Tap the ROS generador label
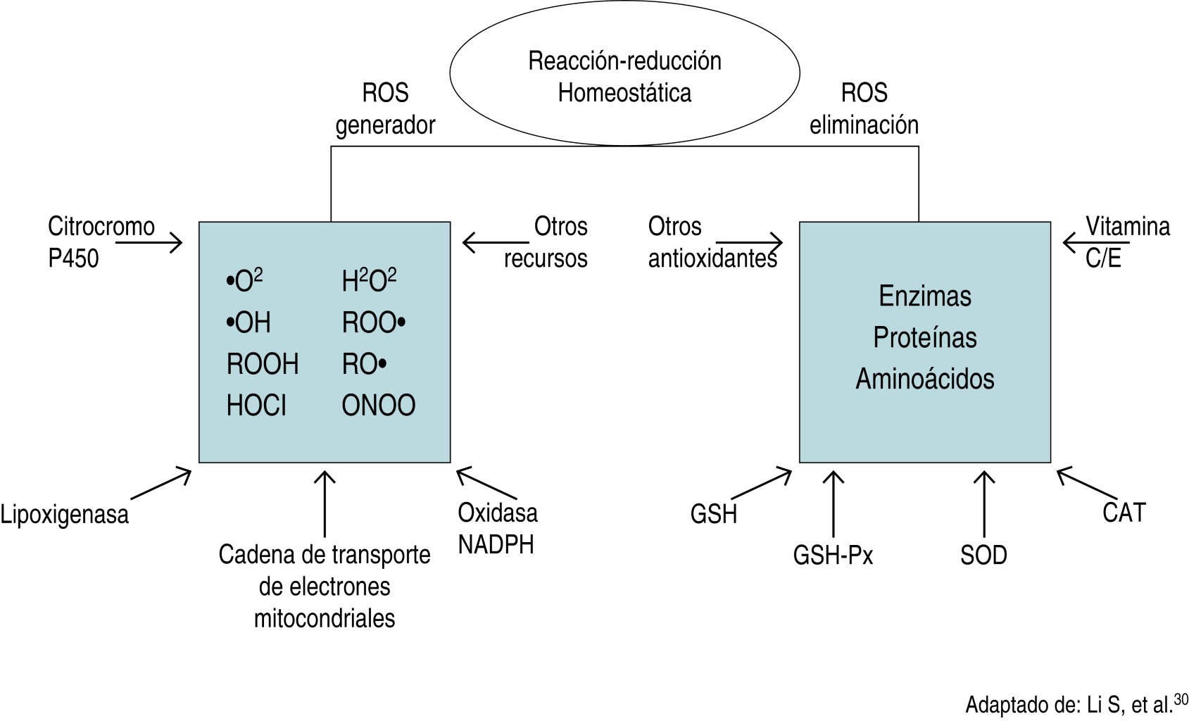tap(385, 108)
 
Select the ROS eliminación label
tap(864, 108)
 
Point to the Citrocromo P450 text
tap(101, 242)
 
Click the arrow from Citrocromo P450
tap(149, 244)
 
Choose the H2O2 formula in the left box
tap(369, 280)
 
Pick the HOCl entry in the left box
tap(256, 406)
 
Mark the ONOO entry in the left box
tap(379, 406)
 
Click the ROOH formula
tap(263, 364)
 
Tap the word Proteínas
tap(924, 337)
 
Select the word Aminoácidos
tap(924, 379)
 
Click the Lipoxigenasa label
tap(65, 515)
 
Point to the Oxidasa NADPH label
tap(497, 528)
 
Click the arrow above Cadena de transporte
tap(325, 503)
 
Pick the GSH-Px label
tap(833, 556)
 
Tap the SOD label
tap(983, 556)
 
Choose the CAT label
tap(1124, 513)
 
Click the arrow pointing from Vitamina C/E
tap(1076, 243)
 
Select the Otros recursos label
tap(546, 242)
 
